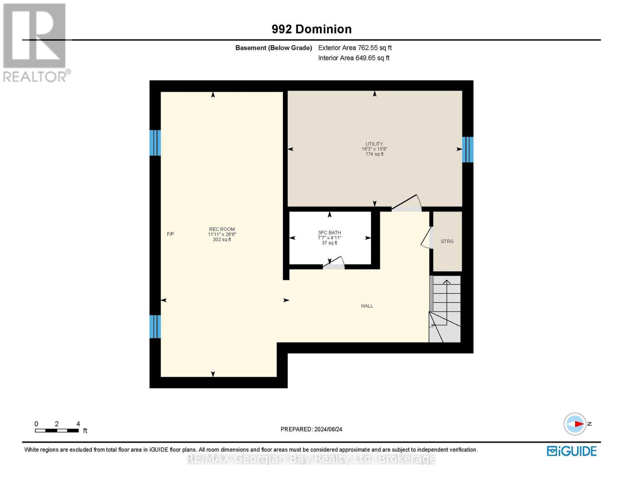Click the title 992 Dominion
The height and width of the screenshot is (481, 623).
coord(311,29)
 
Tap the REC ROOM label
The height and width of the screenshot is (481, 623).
coord(222,229)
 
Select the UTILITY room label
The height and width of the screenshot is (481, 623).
coord(374,144)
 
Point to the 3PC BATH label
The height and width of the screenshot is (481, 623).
coord(330,232)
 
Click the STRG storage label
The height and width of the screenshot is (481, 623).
coord(447,241)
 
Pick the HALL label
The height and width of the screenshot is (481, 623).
coord(367,306)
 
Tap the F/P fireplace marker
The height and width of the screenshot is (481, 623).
coord(170,234)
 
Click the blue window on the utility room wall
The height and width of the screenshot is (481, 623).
coord(467,150)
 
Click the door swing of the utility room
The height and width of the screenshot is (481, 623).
coord(407,203)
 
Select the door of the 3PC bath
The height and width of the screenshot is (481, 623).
coord(334,262)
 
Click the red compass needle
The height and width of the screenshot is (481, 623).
coord(579,424)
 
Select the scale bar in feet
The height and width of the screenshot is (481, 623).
coord(57,430)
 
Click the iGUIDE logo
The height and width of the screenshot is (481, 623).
coord(572,451)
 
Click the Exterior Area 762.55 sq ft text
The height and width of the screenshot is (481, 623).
coord(355,48)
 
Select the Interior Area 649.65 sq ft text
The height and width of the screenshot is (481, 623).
coord(354,58)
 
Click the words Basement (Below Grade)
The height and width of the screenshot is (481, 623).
coord(273,48)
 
